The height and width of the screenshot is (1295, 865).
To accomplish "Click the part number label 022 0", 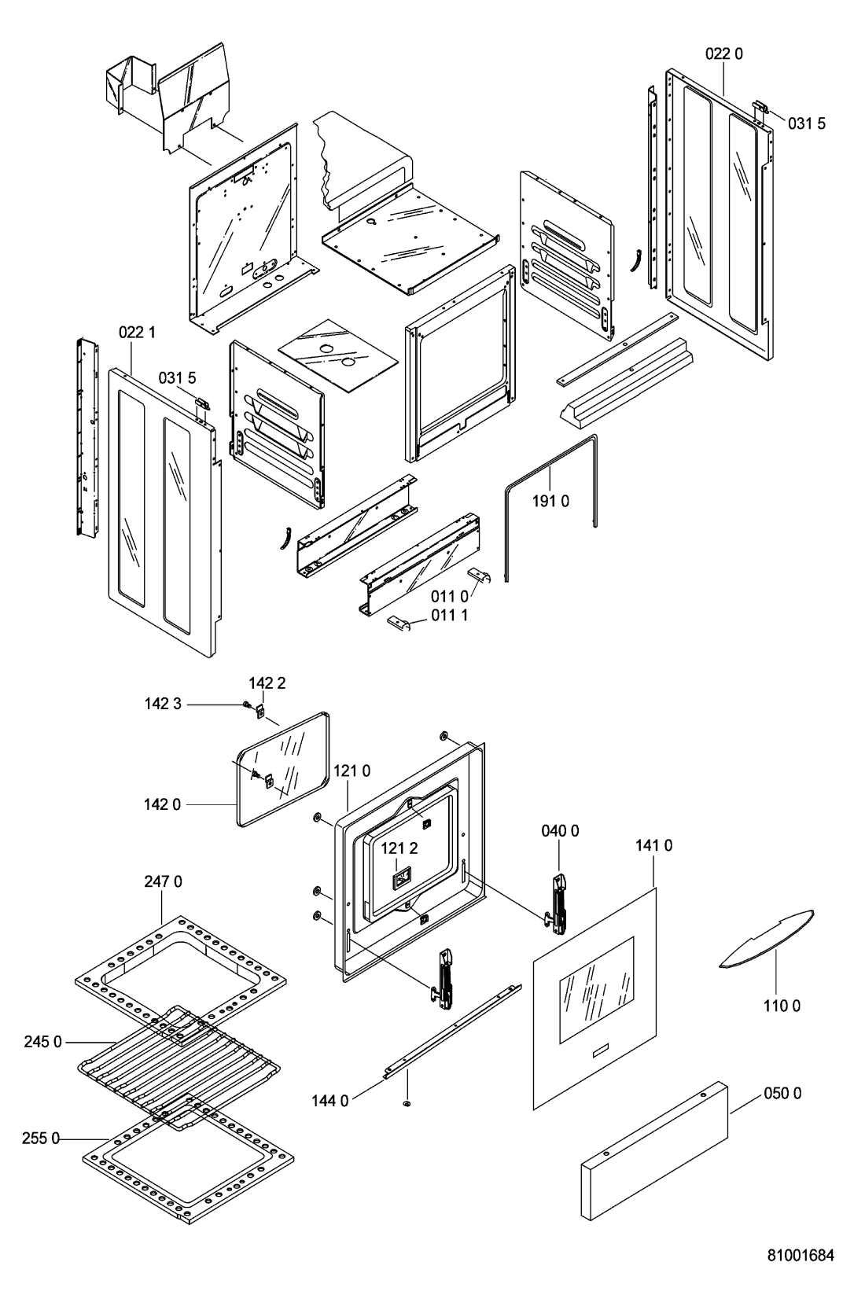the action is click(724, 53).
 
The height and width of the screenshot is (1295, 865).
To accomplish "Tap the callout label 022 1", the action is click(137, 333).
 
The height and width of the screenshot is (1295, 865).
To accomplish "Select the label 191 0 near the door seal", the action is click(550, 501).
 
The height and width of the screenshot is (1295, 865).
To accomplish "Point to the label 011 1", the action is click(449, 615).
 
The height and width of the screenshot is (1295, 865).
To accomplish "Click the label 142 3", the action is click(163, 704).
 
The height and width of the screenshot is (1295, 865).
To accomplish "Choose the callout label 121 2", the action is click(399, 848).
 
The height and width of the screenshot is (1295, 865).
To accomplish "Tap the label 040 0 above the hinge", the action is click(560, 831).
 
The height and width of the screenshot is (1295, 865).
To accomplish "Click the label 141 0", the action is click(654, 846).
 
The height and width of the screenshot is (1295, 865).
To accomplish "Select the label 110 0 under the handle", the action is click(782, 1006).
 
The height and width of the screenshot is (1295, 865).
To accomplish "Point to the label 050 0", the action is click(782, 1093).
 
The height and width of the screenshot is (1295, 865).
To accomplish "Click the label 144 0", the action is click(330, 1102).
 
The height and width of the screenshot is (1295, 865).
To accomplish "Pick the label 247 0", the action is click(163, 881).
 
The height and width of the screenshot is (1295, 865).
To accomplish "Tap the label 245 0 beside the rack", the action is click(42, 1042).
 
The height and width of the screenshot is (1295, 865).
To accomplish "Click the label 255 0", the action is click(40, 1139).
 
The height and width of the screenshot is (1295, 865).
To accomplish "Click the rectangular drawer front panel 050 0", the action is click(654, 1150).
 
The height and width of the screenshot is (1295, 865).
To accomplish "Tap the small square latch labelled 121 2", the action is click(401, 880).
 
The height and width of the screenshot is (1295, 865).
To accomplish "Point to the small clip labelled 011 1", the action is click(399, 624).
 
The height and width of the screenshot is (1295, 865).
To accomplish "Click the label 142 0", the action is click(162, 804).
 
